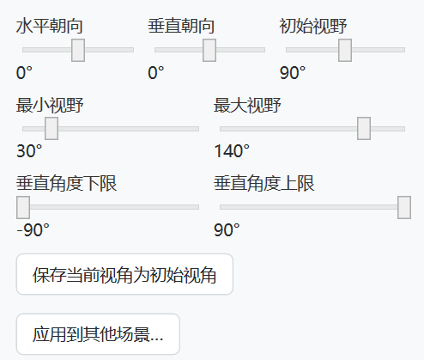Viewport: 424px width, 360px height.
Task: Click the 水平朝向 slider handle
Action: [x=78, y=51]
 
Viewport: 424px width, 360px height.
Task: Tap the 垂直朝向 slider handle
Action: [x=209, y=51]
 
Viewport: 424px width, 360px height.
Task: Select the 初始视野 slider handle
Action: [x=345, y=51]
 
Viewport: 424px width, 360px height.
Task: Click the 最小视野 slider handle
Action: [x=51, y=129]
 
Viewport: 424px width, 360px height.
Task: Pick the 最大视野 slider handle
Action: [x=364, y=129]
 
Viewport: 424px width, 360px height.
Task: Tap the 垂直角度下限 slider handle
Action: [x=23, y=207]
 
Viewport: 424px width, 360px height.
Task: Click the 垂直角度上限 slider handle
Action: [x=404, y=207]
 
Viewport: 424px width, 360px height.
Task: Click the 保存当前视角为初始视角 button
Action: [x=124, y=274]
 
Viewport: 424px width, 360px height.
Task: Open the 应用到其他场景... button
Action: [x=98, y=334]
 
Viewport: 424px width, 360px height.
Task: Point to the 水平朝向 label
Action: [x=50, y=27]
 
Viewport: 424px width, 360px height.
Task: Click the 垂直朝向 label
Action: [x=181, y=27]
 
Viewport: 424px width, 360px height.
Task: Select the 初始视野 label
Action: [x=313, y=27]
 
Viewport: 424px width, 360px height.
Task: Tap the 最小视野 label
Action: [x=50, y=105]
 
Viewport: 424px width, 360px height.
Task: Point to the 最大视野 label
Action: [x=247, y=105]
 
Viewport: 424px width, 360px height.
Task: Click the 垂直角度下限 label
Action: [x=66, y=183]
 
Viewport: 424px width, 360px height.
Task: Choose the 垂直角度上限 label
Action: [x=264, y=183]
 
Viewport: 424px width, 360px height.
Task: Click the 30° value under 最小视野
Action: [x=29, y=151]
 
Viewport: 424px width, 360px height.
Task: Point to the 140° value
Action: [x=232, y=151]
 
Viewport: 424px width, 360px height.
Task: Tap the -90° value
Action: [x=33, y=230]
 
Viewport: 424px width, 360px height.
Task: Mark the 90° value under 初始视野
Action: [x=293, y=73]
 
